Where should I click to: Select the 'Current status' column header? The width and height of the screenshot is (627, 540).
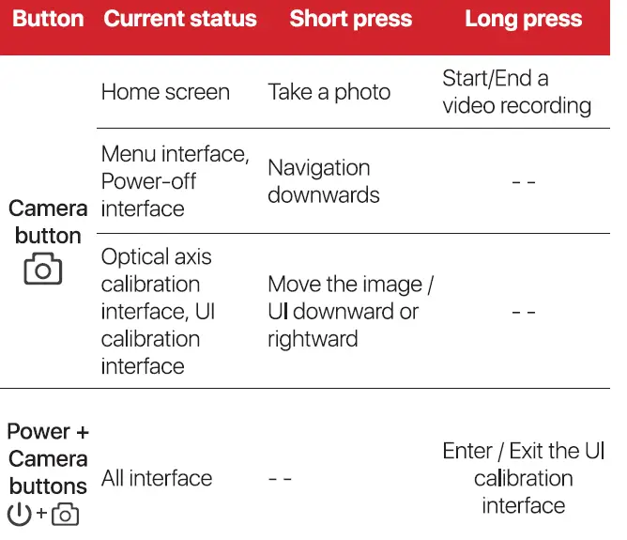click(179, 20)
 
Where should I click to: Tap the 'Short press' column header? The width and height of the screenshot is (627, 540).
click(350, 20)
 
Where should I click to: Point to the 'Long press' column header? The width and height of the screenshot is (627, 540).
click(523, 20)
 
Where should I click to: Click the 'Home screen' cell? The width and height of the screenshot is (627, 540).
click(165, 92)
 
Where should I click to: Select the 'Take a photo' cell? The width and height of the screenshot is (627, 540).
click(329, 92)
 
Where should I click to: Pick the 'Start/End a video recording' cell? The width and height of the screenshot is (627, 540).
click(516, 92)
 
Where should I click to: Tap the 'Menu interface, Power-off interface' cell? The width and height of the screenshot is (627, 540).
click(175, 181)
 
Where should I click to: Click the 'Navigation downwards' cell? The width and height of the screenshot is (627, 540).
click(323, 181)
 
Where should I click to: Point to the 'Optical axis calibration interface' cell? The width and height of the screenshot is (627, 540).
click(158, 311)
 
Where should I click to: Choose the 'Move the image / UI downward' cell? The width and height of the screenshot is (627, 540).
click(350, 311)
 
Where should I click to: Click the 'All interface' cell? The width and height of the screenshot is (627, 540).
click(156, 478)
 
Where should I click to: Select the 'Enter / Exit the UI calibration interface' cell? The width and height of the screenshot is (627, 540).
click(523, 478)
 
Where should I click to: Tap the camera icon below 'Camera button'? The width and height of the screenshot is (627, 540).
click(43, 270)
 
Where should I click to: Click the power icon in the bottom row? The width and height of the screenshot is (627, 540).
click(19, 515)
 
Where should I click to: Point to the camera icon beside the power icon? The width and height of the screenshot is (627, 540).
click(65, 515)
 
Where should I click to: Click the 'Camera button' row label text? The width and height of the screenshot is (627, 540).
click(48, 222)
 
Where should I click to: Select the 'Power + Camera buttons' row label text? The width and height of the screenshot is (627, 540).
click(48, 459)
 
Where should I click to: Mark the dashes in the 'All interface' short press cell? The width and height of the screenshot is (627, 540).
click(280, 479)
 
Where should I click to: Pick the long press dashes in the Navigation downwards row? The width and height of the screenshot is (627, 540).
click(523, 182)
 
